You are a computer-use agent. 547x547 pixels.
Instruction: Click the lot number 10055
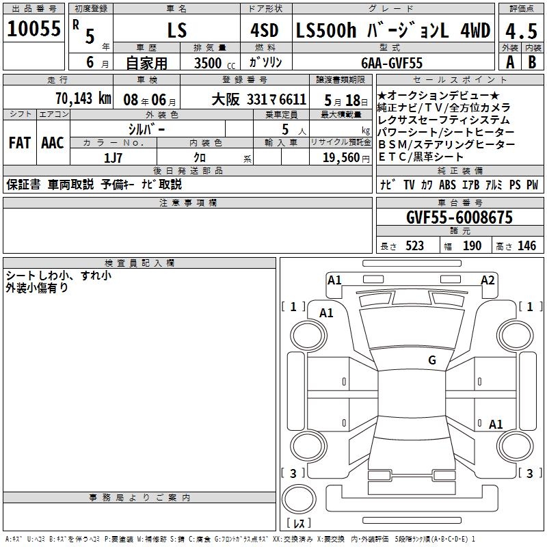point(34,28)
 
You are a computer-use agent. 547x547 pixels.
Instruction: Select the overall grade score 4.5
point(521,31)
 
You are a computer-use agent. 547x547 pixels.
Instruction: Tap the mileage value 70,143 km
point(83,98)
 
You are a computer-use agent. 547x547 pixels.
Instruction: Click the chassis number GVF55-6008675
point(459,217)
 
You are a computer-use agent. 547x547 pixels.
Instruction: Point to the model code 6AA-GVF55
point(392,63)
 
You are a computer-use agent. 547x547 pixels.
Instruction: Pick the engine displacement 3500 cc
point(215,63)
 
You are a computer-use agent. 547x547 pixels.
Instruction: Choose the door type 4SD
point(265,30)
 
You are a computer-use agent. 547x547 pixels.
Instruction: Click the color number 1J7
point(113,158)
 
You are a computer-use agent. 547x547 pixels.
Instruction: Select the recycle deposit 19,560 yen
point(346,158)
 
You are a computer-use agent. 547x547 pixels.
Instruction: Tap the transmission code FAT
point(20,143)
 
